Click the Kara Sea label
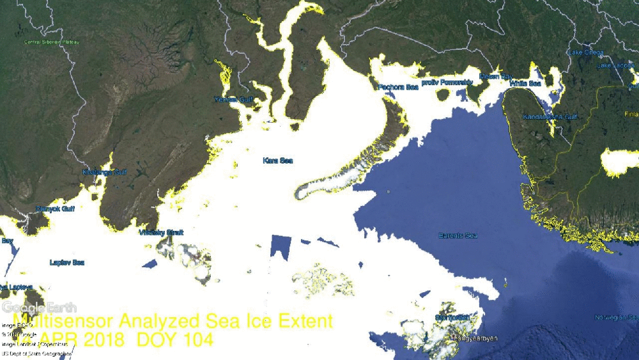coord(277,160)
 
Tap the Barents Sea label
coord(458,236)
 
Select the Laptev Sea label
coord(67,263)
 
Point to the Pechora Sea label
coord(398,87)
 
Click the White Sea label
coord(525,84)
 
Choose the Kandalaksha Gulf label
coord(550,118)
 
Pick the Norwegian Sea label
coord(617,318)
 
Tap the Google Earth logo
coord(39,308)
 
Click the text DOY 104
coord(175,340)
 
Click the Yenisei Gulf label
coord(234,100)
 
